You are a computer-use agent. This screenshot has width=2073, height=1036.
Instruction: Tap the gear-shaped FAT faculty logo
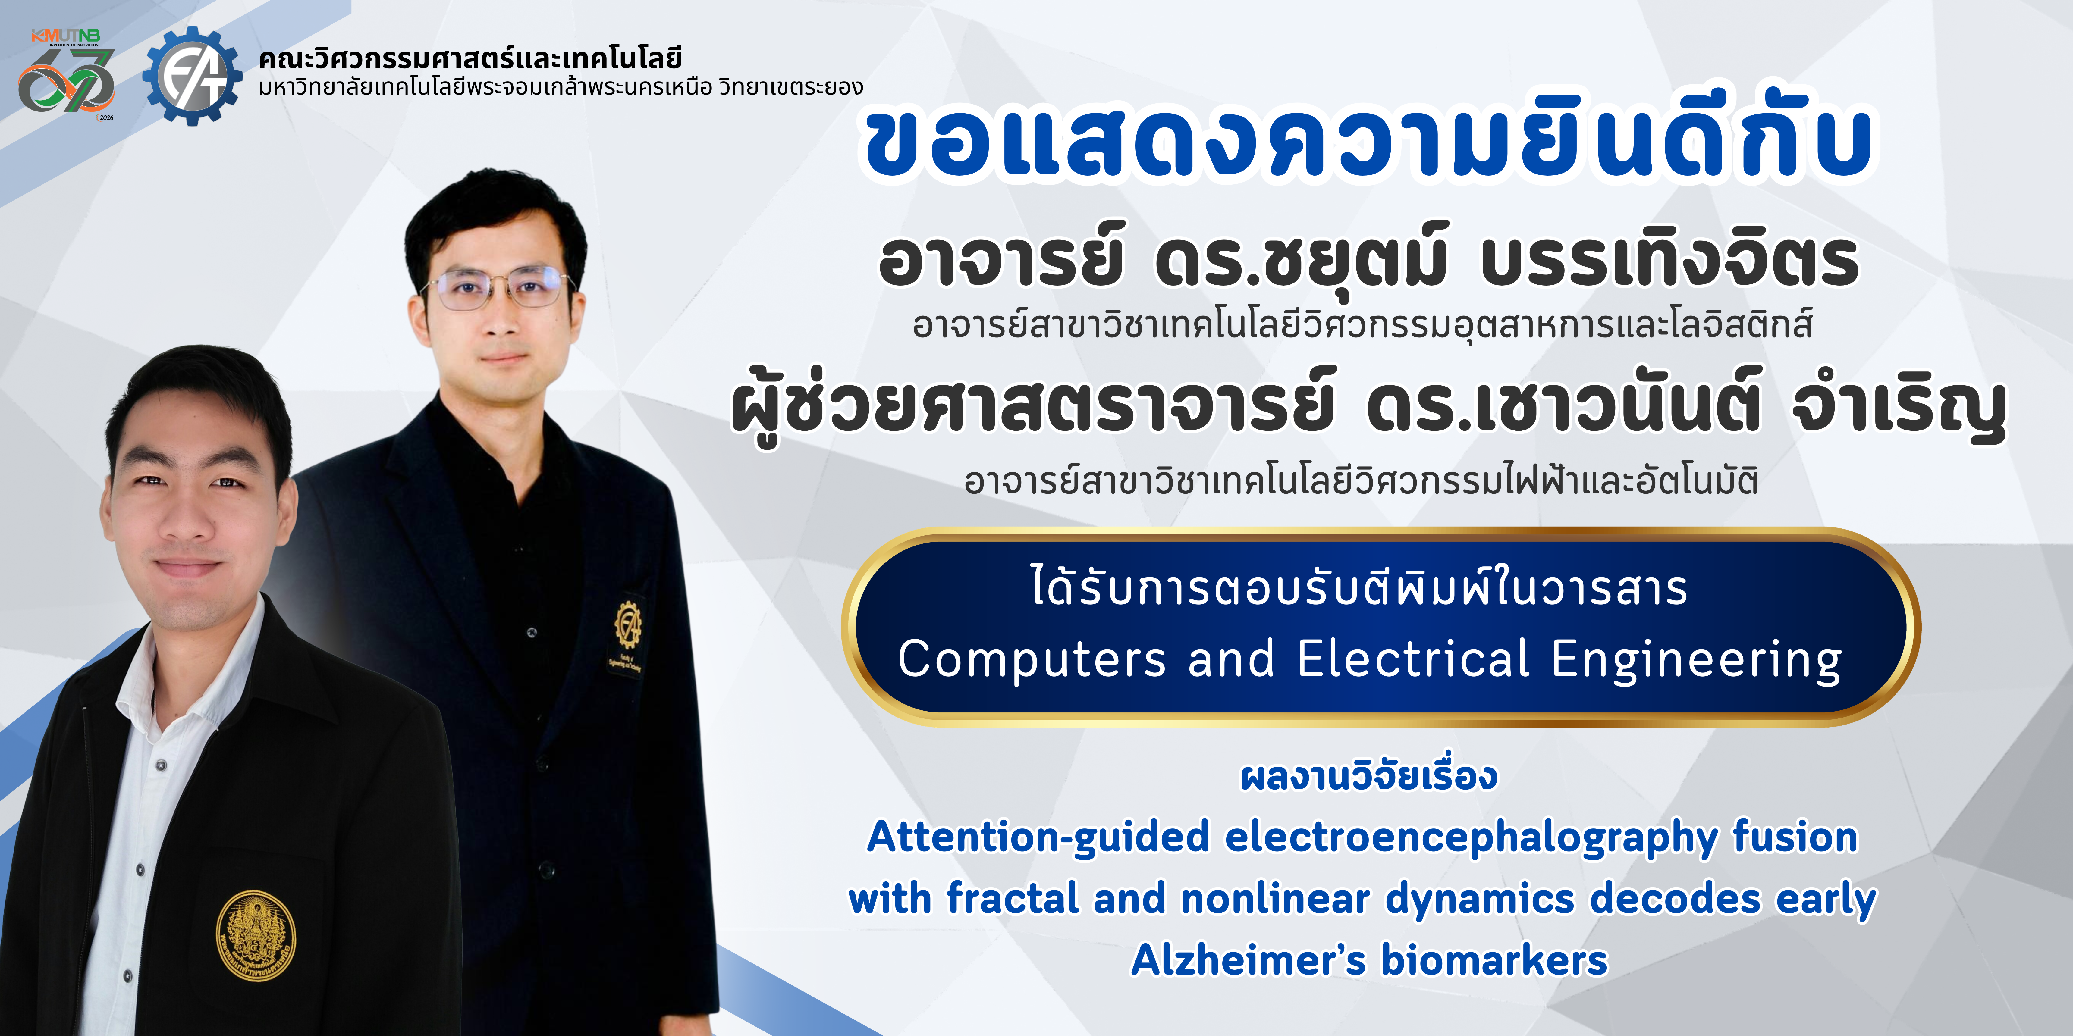(192, 76)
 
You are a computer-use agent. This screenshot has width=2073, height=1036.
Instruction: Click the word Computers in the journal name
(1032, 659)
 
